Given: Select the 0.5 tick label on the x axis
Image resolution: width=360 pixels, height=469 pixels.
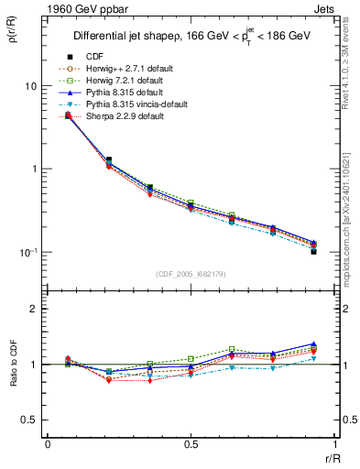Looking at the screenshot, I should pyautogui.click(x=190, y=444).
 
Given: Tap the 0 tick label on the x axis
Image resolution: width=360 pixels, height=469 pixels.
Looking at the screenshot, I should pyautogui.click(x=48, y=444).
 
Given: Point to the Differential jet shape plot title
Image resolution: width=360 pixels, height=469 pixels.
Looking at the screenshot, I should pyautogui.click(x=190, y=37).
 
